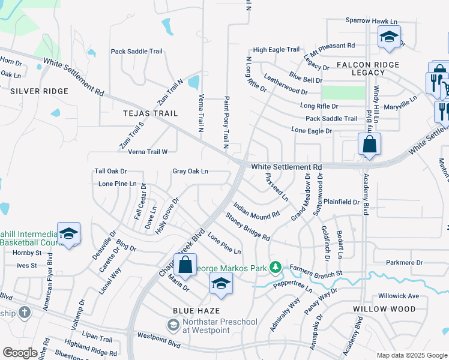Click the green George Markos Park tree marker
276,266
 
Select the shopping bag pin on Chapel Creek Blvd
185,265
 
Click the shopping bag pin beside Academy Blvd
369,145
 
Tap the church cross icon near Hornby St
24,313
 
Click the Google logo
20,353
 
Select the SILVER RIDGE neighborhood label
39,91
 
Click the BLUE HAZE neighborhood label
196,311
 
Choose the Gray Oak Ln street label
190,171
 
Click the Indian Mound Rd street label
257,209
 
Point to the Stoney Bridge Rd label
247,226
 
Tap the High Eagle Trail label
276,50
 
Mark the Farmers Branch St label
316,271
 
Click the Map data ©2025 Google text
412,355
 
